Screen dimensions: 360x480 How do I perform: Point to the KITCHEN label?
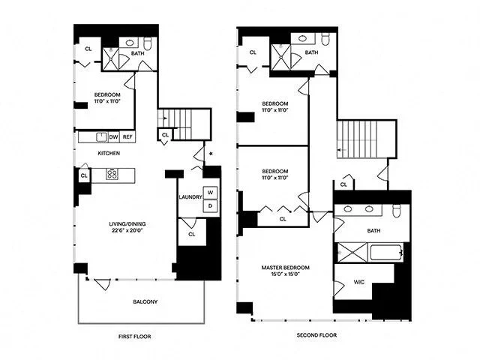109,153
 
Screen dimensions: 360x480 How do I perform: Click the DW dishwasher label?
113,137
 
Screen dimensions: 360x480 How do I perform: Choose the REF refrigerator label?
127,137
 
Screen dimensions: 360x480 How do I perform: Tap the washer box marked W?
210,192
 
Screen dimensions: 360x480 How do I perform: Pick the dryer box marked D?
210,205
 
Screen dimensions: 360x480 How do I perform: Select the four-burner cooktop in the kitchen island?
112,175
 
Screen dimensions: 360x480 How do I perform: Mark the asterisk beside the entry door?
211,154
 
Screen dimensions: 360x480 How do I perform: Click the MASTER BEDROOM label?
285,268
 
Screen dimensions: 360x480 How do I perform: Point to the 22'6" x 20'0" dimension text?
109,230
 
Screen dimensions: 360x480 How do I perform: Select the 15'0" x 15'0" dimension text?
285,275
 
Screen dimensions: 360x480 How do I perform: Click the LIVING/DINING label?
109,223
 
